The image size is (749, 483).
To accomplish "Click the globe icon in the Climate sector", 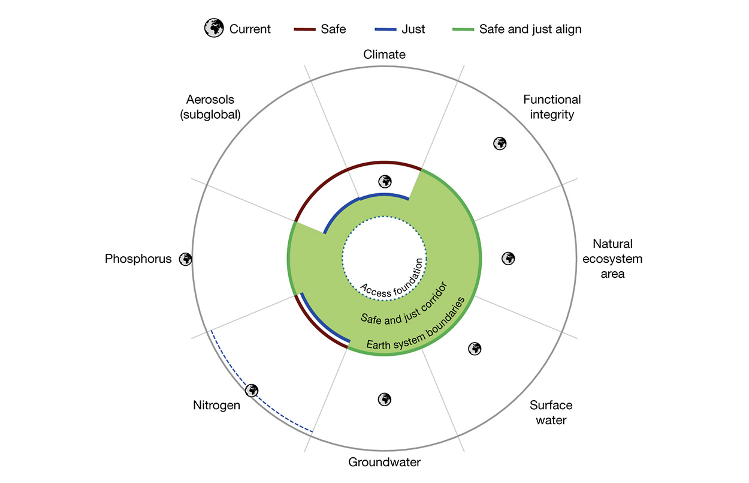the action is coord(385,182).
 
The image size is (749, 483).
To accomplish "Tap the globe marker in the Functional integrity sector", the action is coord(500,143).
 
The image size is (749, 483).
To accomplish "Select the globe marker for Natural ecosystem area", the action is coord(508,259).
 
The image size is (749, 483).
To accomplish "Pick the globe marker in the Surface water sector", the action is coord(475,349).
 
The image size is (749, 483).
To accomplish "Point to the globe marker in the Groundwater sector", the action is coord(385,400).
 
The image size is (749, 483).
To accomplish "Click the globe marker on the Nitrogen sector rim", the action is coord(252,390).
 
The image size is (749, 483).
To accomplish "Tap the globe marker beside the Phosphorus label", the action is coord(185,259).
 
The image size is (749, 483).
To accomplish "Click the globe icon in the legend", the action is coord(214,28).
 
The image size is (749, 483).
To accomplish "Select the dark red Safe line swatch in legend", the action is coord(304,29).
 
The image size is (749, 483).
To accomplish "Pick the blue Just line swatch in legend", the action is coord(385,29).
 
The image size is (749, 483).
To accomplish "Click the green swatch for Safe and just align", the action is coord(463,29).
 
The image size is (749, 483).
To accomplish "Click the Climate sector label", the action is coord(384,54).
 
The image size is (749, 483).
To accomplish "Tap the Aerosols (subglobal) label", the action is coord(210,107).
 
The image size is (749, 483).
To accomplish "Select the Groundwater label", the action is coord(384,462).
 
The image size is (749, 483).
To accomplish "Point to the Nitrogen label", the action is coord(216,406).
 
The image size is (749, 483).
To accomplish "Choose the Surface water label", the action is coord(551,412).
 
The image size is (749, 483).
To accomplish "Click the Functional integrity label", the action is coord(552,107).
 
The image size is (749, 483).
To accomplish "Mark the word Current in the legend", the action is coord(250,29).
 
